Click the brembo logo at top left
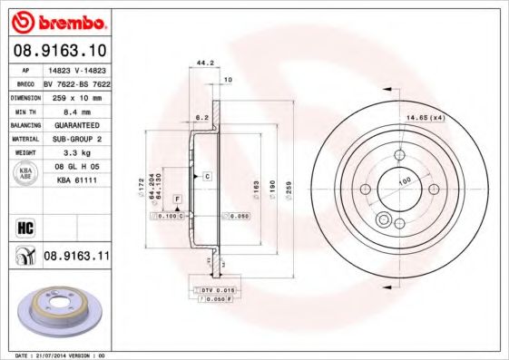click(57, 21)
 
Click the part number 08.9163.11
click(76, 257)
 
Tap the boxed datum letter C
click(207, 175)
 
